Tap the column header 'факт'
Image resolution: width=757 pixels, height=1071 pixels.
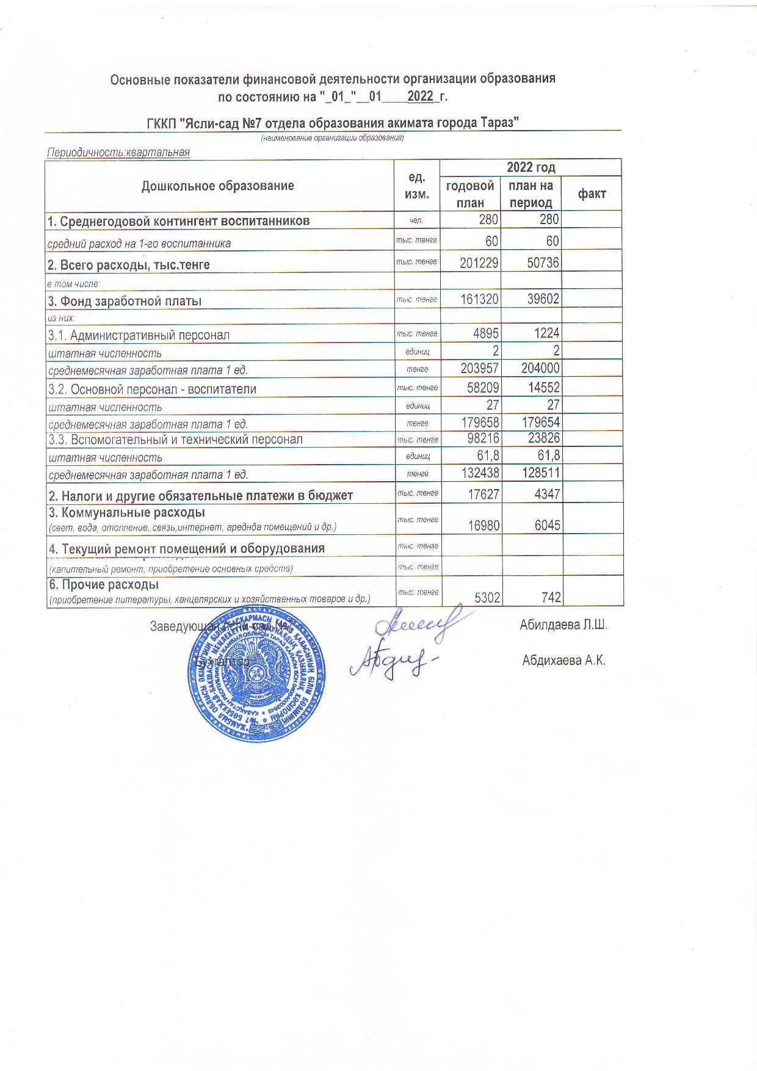592,194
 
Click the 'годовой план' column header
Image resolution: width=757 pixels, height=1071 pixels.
469,194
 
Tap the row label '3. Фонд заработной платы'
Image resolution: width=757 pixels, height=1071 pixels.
125,301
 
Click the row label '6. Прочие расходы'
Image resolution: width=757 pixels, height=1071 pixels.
104,584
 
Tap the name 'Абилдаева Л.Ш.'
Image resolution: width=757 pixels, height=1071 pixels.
563,625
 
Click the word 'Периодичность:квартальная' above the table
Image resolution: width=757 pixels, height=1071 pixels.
118,152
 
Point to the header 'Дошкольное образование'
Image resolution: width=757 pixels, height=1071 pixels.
217,186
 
